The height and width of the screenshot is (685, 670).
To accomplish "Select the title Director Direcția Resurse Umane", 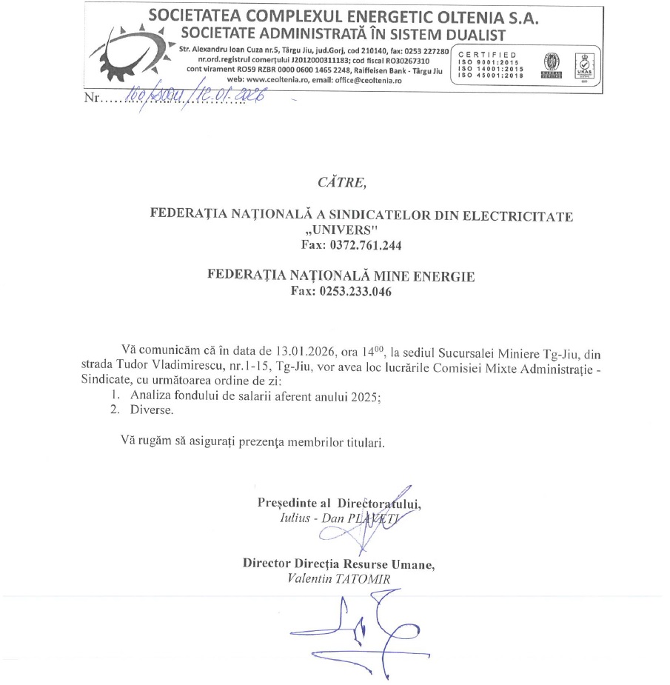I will (339, 564).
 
